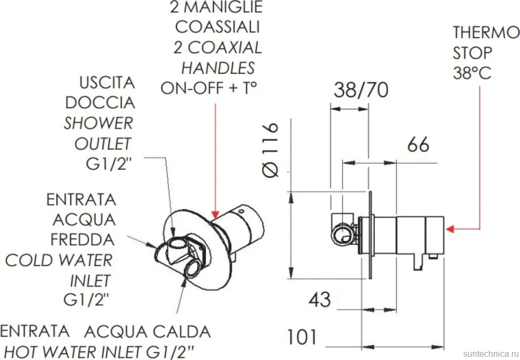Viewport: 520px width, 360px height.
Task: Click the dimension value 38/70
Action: pyautogui.click(x=361, y=89)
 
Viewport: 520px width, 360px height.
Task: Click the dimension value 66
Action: pyautogui.click(x=418, y=144)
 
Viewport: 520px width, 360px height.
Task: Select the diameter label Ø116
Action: pyautogui.click(x=270, y=150)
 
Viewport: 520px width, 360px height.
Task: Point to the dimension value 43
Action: pyautogui.click(x=320, y=299)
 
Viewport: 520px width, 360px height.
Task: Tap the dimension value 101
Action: pyautogui.click(x=302, y=337)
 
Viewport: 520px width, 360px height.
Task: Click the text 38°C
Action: pyautogui.click(x=472, y=73)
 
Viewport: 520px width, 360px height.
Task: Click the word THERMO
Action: pyautogui.click(x=486, y=33)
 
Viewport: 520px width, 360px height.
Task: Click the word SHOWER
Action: pyautogui.click(x=99, y=123)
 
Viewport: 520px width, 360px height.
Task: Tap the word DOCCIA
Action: pyautogui.click(x=100, y=103)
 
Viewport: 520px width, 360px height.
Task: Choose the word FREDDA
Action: pyautogui.click(x=83, y=239)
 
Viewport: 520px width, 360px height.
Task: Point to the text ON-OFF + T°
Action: pyautogui.click(x=209, y=88)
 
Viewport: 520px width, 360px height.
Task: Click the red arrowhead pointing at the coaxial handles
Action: pyautogui.click(x=216, y=215)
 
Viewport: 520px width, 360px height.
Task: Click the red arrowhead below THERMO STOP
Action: pyautogui.click(x=450, y=229)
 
